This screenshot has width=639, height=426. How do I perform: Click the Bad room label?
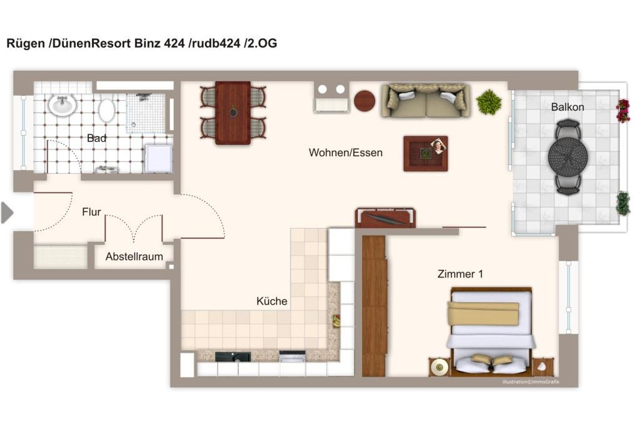[x=97, y=138]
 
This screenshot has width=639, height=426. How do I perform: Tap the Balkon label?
[x=568, y=107]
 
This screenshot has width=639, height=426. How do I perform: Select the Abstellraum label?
[x=134, y=256]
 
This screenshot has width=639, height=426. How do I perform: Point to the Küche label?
[x=272, y=301]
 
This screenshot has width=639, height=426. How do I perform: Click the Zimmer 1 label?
[x=460, y=274]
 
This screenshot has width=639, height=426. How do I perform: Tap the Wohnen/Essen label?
[x=345, y=153]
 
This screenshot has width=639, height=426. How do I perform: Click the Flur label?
[x=91, y=212]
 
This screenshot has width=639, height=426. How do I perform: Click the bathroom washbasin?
[x=62, y=105]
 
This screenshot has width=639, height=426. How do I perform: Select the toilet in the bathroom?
[x=106, y=110]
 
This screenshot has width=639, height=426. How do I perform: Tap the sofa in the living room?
[x=426, y=100]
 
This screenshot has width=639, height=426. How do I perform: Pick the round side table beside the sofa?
[x=364, y=101]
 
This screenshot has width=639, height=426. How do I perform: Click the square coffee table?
[x=426, y=154]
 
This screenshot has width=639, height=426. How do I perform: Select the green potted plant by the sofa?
[x=489, y=102]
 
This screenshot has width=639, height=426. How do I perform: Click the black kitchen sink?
[x=233, y=356]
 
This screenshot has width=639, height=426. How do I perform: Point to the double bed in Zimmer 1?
[x=491, y=331]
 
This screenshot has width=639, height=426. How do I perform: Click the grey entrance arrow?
[x=7, y=213]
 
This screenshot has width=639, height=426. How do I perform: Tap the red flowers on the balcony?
[x=623, y=110]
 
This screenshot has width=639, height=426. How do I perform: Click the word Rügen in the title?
[x=26, y=43]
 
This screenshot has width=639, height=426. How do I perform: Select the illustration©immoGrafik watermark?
[x=531, y=382]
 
